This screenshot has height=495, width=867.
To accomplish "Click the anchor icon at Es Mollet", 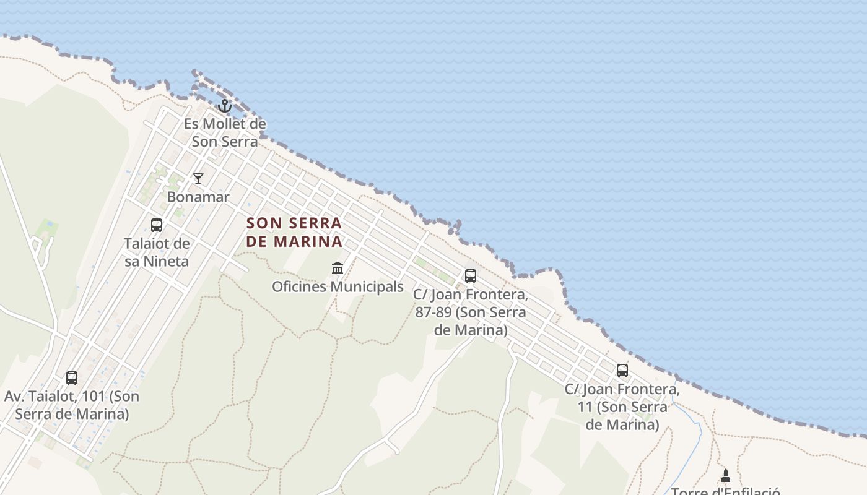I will click(x=225, y=106).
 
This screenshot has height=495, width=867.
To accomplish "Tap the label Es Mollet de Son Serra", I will click(x=225, y=132).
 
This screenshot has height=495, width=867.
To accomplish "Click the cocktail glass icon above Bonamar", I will click(x=198, y=179).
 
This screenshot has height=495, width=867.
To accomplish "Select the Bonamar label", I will click(x=198, y=197).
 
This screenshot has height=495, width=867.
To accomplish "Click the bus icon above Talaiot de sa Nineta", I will click(x=157, y=225).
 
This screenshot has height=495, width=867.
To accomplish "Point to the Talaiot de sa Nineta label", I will click(x=157, y=252).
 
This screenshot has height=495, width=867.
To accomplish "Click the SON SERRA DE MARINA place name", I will click(x=294, y=231).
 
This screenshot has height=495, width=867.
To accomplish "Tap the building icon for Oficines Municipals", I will click(x=338, y=269).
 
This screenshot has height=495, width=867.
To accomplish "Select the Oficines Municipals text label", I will click(x=338, y=287).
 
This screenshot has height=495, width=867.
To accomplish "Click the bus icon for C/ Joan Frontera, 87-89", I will click(x=471, y=275).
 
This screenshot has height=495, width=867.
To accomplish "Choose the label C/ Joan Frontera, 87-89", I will click(x=471, y=312).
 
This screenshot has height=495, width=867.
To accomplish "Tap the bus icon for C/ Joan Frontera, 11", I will click(x=622, y=371).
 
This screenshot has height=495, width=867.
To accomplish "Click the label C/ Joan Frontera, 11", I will click(x=622, y=407).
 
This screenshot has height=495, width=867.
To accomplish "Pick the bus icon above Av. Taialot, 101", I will click(x=72, y=377).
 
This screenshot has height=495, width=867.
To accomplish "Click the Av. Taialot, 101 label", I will click(x=72, y=405).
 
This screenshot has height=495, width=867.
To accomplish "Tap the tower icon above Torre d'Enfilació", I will click(x=726, y=475).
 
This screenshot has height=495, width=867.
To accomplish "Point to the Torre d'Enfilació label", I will click(x=726, y=491).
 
